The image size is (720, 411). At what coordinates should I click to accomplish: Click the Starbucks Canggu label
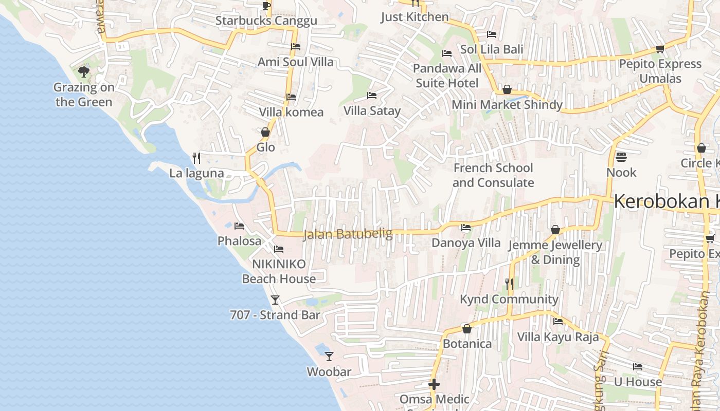coord(266,21)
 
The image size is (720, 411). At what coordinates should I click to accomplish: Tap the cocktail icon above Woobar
coord(329,356)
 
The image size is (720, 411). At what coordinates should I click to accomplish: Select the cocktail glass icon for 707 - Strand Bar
coord(275,300)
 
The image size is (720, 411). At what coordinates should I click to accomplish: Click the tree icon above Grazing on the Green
coord(84,71)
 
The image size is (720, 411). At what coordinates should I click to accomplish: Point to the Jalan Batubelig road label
coord(348,234)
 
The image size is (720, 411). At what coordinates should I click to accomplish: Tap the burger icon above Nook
coord(621,157)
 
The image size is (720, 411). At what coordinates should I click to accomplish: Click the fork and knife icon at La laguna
coord(196,157)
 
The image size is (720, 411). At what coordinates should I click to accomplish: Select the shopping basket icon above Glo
coord(265,132)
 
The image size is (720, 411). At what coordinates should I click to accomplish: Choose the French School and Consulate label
coord(493,175)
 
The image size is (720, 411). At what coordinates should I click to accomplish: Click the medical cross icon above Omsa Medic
coord(434,384)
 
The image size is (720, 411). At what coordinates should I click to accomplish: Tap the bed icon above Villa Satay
coord(372,95)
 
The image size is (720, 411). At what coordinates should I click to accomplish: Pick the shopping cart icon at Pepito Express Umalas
coord(660,49)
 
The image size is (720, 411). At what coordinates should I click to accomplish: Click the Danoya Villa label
coord(466,242)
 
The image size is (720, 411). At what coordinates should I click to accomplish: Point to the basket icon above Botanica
coord(467,328)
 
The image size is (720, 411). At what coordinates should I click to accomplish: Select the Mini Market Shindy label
coord(507,105)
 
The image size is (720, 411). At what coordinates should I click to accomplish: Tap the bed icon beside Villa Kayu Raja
coord(558,322)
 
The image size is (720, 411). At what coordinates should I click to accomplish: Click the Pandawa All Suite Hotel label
coord(447,76)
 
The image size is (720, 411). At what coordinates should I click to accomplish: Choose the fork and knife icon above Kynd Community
coord(509,283)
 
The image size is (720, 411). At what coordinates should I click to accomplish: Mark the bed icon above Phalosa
coord(239,226)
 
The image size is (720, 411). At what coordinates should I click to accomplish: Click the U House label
coord(638,382)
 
